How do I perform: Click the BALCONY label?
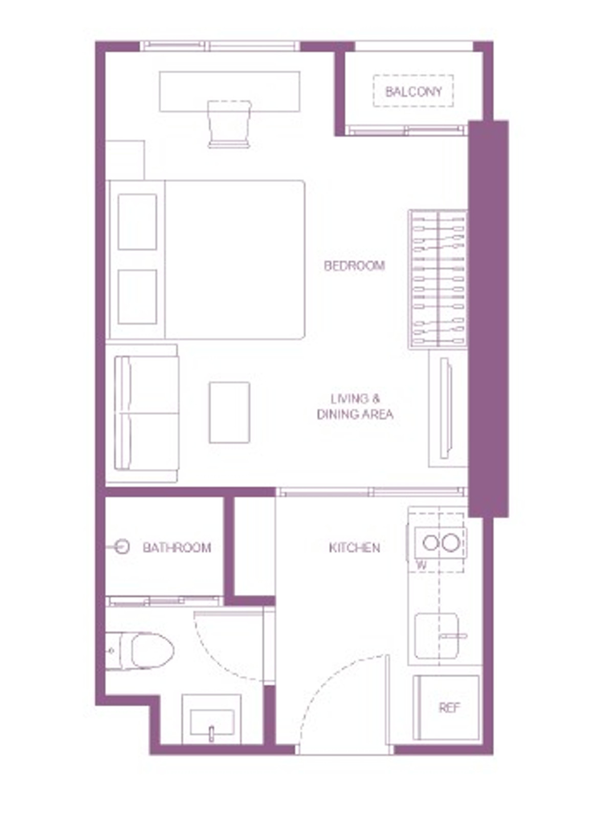[x=413, y=92]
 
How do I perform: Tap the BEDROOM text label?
[x=354, y=266]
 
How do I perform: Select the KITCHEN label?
[x=354, y=548]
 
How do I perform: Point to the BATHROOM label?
[x=177, y=548]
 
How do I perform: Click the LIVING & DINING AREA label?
[x=355, y=407]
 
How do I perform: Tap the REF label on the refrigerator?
[x=449, y=708]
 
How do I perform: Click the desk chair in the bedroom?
[x=229, y=124]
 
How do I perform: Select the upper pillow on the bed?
[x=137, y=222]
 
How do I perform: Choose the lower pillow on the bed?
[x=137, y=297]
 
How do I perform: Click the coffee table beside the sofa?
[x=229, y=412]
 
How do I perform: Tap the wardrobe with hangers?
[x=438, y=279]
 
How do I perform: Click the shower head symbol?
[x=121, y=547]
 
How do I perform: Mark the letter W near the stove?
[x=422, y=566]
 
